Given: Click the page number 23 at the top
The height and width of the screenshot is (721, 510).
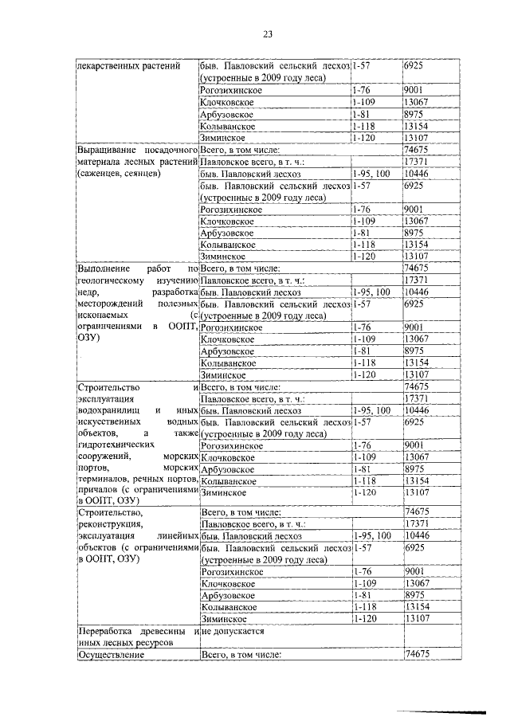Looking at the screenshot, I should coord(267,33).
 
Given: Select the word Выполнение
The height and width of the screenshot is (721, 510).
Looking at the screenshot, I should coord(103,269).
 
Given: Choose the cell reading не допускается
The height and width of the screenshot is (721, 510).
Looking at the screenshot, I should coord(233,631).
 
